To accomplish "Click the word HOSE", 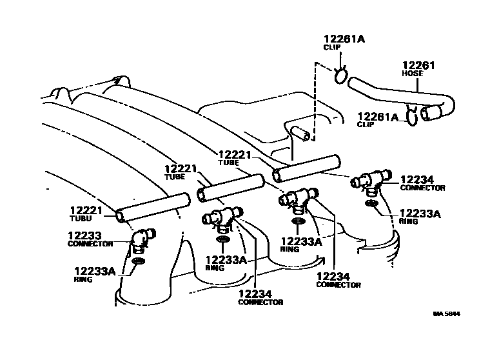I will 413,74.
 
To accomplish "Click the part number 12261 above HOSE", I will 419,65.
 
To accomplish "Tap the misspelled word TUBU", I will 77,219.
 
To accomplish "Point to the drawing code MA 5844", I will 447,314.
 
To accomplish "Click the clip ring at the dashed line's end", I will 340,77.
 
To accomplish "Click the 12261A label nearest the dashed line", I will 344,39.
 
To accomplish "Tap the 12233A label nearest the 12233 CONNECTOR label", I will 94,272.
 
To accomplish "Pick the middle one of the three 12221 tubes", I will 230,186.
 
